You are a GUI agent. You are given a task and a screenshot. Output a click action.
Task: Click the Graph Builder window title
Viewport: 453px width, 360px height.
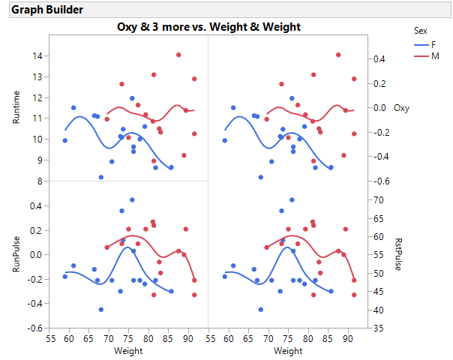point(46,10)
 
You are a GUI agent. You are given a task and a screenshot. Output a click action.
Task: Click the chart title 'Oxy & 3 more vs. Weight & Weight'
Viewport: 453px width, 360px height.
point(208,27)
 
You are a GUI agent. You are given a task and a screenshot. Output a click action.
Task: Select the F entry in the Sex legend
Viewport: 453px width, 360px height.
point(435,44)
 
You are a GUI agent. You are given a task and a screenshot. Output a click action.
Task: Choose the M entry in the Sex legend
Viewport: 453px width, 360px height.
point(435,57)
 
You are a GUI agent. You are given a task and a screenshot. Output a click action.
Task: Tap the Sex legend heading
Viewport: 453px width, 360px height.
point(421,31)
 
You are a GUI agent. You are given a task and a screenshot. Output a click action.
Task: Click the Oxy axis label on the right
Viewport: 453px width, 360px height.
point(400,108)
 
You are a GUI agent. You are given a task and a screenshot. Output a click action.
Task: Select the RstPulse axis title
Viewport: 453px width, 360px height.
point(398,254)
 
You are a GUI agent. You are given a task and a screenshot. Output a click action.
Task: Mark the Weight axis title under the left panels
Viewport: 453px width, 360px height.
point(128,350)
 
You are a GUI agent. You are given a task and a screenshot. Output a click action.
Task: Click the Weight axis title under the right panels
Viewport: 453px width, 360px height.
point(288,350)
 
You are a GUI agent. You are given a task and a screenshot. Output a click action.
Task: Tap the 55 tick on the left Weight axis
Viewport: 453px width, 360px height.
point(50,338)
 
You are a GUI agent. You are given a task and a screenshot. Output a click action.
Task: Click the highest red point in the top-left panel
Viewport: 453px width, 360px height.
point(178,55)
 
